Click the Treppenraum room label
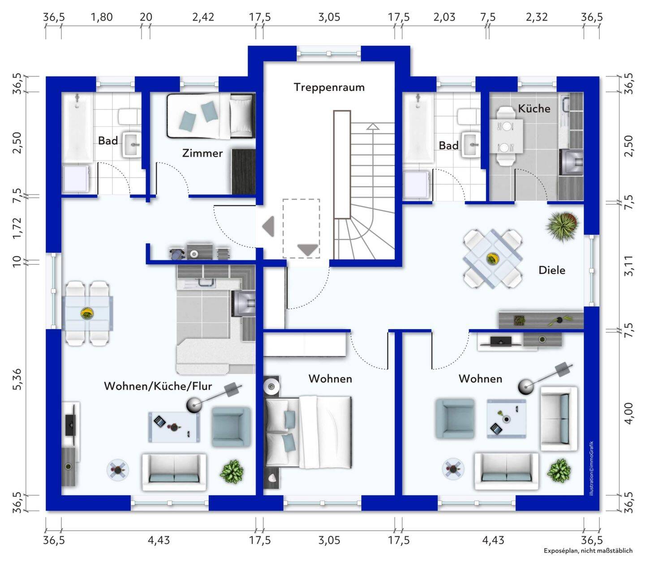(329, 87)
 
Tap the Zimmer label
(202, 153)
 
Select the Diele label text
(552, 270)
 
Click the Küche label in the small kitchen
(534, 108)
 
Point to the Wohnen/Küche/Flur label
(158, 386)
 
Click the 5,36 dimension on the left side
(18, 379)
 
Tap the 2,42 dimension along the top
(203, 17)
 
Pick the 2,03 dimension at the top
(444, 17)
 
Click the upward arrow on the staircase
(373, 126)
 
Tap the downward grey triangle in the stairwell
(308, 250)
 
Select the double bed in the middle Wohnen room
(308, 432)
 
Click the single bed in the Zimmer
(211, 116)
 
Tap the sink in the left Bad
(132, 145)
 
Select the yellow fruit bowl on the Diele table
(493, 259)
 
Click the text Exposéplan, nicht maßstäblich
(588, 551)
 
